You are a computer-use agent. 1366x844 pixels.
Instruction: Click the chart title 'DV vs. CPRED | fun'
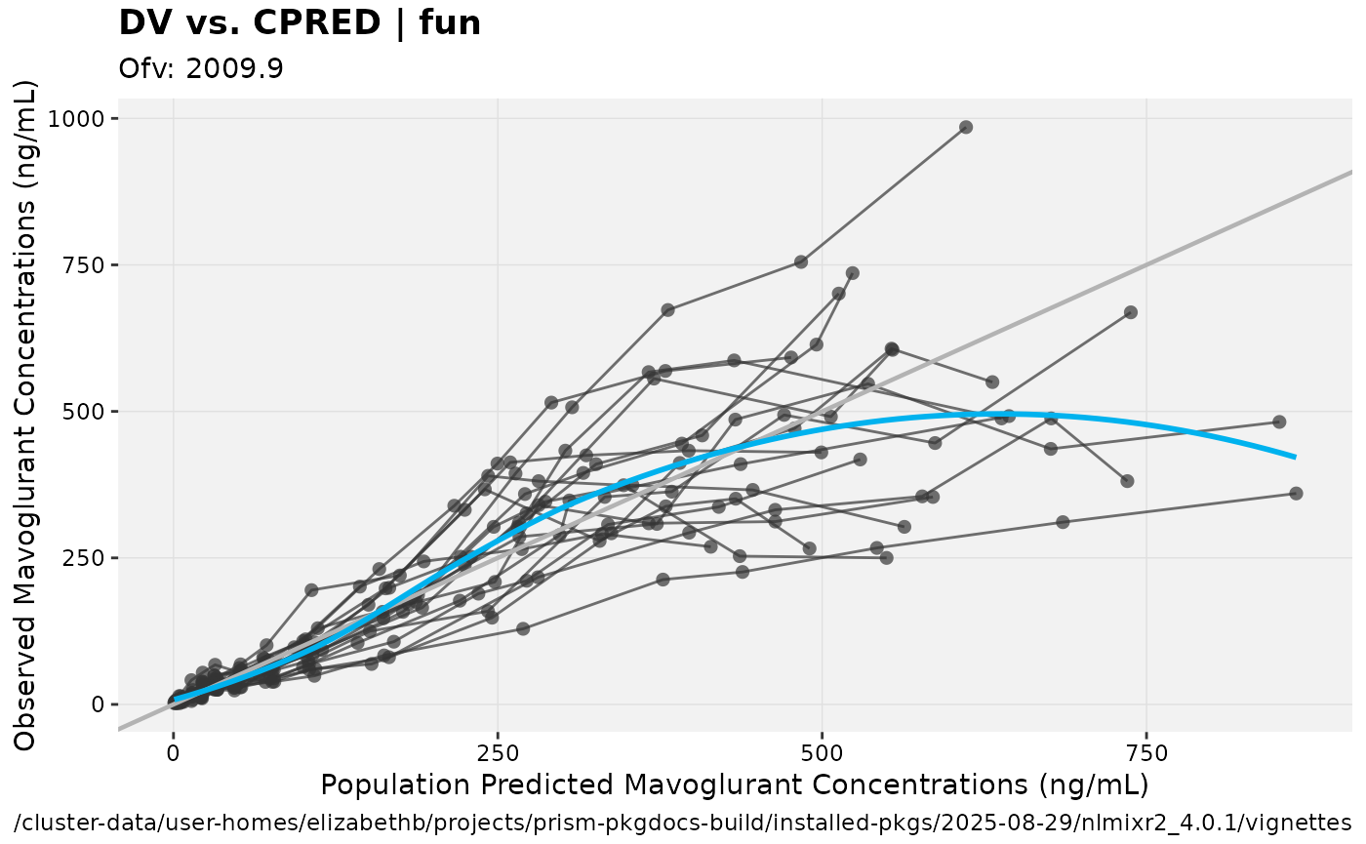click(x=300, y=22)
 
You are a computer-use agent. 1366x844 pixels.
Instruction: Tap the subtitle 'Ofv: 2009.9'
click(x=201, y=69)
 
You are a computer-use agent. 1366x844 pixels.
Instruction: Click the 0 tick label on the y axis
click(x=109, y=704)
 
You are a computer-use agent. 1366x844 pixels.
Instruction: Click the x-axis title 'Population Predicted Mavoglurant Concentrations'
click(x=734, y=785)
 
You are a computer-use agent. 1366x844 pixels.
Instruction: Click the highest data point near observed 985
click(x=966, y=127)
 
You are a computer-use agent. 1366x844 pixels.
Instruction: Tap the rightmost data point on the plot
click(x=1296, y=494)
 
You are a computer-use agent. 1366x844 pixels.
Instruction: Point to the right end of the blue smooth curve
click(x=1295, y=456)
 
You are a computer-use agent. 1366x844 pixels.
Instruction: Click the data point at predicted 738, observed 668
click(x=1131, y=312)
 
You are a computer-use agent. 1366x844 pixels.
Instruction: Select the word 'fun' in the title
click(x=450, y=22)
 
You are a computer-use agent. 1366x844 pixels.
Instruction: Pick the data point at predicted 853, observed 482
click(x=1279, y=422)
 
